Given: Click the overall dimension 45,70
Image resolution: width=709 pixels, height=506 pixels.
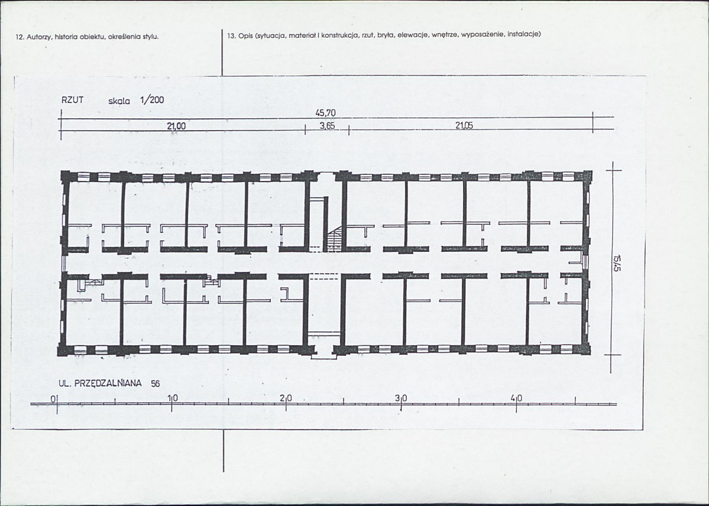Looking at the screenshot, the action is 328,113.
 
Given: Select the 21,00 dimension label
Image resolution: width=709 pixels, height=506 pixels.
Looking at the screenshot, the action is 176,126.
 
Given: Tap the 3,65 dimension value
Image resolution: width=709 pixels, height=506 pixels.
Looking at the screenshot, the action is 327,126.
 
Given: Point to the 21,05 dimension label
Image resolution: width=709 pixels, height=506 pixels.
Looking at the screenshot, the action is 464,126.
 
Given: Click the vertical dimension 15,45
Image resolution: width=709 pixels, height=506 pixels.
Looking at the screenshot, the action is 616,263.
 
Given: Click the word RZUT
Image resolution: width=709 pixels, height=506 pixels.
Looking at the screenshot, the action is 73,100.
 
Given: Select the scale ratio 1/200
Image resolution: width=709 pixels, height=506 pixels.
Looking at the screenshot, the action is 153,100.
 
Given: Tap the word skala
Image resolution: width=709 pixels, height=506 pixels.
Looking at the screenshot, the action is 119,101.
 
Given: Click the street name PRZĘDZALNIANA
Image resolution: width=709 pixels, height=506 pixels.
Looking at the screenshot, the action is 108,384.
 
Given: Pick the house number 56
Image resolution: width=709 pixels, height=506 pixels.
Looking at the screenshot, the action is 155,384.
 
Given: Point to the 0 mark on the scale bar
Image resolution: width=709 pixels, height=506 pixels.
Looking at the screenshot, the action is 53,399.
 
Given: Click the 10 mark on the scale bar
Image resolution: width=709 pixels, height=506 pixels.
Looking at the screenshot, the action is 173,398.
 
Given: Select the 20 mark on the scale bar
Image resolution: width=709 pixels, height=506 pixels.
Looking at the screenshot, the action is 286,398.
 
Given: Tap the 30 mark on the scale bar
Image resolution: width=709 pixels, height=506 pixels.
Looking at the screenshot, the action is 401,398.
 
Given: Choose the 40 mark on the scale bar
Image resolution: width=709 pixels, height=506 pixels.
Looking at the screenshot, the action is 516,398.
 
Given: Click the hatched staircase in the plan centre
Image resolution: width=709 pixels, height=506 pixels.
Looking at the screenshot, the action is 334,239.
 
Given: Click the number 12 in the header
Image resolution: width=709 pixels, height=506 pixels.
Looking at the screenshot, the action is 19,37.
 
